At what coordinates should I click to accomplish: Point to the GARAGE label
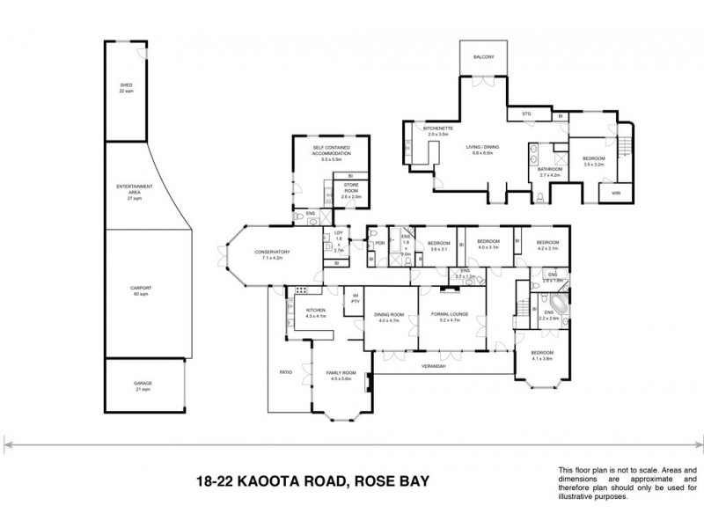tap(143, 384)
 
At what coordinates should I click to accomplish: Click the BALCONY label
tap(482, 57)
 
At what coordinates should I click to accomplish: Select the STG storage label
tap(527, 114)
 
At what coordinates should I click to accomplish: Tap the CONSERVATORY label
tap(273, 252)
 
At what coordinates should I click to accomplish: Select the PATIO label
tap(285, 372)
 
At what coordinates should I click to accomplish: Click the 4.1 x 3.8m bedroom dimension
tap(541, 358)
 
